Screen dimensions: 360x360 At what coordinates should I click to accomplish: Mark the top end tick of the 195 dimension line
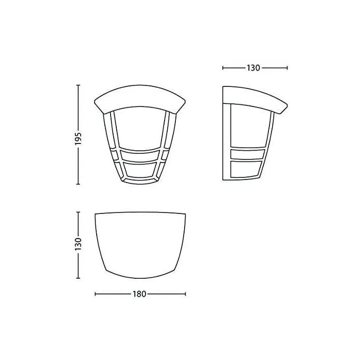(78, 85)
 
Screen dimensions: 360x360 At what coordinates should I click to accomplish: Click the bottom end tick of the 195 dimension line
(78, 184)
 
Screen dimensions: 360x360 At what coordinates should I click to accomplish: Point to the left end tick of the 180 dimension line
(96, 294)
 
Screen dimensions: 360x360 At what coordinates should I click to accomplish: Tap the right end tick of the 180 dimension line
(185, 294)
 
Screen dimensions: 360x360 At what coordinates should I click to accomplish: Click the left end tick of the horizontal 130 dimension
(223, 67)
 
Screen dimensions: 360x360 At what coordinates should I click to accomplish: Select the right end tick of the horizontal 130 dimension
(287, 67)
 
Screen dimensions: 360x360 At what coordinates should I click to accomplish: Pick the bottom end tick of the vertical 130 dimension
(78, 279)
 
